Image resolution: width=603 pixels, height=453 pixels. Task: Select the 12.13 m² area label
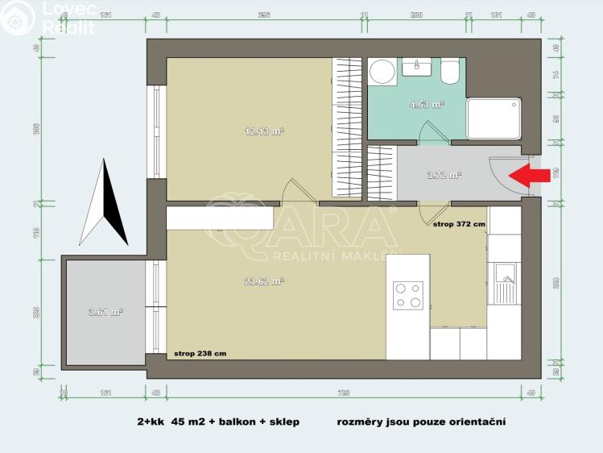pos(265,131)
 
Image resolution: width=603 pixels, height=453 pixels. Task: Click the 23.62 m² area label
pos(265,281)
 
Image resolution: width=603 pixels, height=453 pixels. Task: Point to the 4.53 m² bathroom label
pos(427,104)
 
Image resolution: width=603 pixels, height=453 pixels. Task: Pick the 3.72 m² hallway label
pos(444,174)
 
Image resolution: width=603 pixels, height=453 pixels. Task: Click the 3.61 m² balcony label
pos(105,311)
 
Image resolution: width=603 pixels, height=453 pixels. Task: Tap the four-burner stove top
pos(407,295)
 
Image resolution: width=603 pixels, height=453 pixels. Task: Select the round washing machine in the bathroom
pos(382,72)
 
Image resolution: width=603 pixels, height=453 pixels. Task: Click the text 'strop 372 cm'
pos(459,225)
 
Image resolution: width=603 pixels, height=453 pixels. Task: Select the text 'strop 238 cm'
pos(200,353)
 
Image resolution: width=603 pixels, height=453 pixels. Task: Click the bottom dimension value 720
pos(344,393)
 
